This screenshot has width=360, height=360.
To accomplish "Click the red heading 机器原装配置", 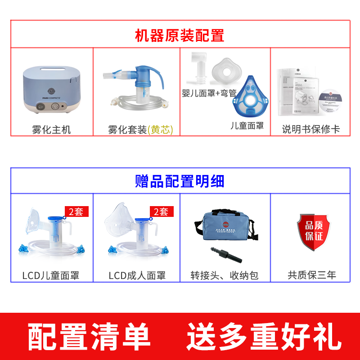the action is (180, 35).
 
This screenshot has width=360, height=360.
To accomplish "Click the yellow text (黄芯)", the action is (160, 130).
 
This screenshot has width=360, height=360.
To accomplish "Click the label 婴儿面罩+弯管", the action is (209, 94).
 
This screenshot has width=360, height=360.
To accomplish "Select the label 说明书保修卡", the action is (310, 130).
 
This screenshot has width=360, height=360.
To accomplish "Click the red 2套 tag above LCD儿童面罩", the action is (76, 211).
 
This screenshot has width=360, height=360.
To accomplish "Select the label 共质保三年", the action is (312, 275).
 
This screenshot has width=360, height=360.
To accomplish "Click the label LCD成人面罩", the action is (137, 275).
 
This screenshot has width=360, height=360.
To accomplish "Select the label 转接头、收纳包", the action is (224, 275).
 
